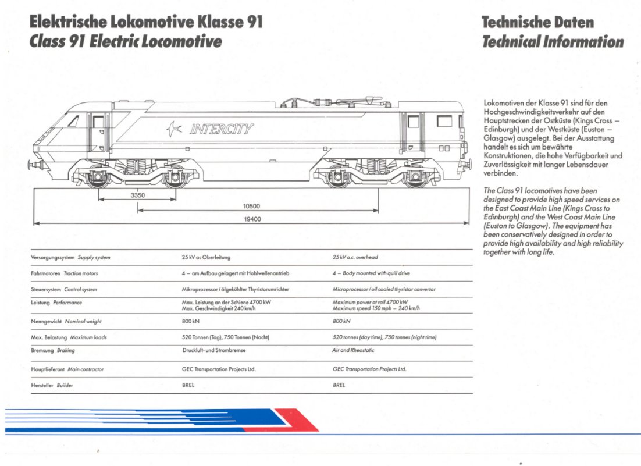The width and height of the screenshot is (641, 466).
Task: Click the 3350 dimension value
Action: [x=137, y=195]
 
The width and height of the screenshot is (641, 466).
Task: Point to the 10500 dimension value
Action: [x=251, y=206]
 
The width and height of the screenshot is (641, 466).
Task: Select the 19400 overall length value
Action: [x=252, y=219]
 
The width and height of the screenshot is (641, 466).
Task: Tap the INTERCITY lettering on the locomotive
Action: [x=222, y=129]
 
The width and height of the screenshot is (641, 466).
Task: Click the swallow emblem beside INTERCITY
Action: [x=174, y=129]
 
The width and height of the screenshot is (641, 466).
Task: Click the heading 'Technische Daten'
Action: [x=537, y=22]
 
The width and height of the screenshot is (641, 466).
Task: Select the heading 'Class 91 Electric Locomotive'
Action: [x=126, y=42]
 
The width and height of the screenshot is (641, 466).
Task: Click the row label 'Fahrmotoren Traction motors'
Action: [x=64, y=273]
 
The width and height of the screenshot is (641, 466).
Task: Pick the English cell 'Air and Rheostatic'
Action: [x=352, y=350]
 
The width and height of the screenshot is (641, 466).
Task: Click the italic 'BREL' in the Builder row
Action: [x=339, y=385]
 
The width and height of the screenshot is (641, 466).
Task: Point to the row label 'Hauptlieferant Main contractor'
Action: [x=67, y=369]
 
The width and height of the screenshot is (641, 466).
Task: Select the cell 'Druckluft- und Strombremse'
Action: [x=213, y=350]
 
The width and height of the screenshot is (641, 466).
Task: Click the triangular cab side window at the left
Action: [x=74, y=121]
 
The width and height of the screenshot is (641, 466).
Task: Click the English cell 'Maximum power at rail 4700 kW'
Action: [x=370, y=302]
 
